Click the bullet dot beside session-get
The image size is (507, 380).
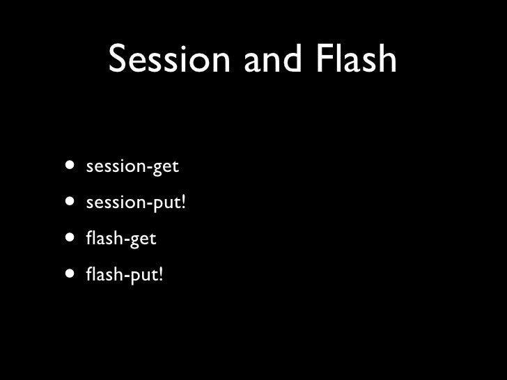pyautogui.click(x=72, y=167)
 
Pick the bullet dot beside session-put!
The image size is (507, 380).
pyautogui.click(x=72, y=203)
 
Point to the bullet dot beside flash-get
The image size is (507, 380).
pyautogui.click(x=72, y=239)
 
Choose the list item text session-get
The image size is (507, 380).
pyautogui.click(x=132, y=168)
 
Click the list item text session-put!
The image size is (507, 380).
pyautogui.click(x=137, y=204)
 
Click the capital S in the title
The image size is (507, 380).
pyautogui.click(x=120, y=61)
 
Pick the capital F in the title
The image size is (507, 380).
pyautogui.click(x=322, y=61)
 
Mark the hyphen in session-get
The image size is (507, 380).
pyautogui.click(x=148, y=169)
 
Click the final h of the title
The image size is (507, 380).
pyautogui.click(x=387, y=61)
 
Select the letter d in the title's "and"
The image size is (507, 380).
pyautogui.click(x=292, y=61)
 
